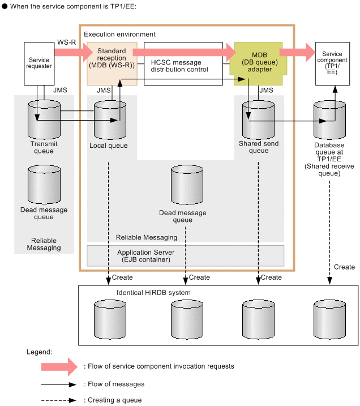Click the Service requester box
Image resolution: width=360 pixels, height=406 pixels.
point(39,63)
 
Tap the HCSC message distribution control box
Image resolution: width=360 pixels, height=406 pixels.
point(183,64)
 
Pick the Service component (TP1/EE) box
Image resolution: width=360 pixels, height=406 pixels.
point(333,63)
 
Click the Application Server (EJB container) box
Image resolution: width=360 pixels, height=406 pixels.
point(186,256)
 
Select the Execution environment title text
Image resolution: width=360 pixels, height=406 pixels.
point(119,35)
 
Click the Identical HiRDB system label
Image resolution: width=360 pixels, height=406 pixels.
point(153,292)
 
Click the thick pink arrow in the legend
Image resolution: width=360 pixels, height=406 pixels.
point(58,366)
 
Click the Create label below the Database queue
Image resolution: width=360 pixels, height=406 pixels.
point(344,267)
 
